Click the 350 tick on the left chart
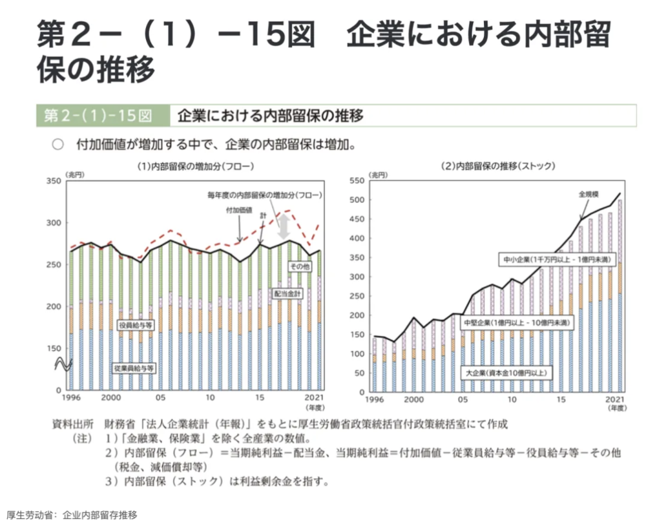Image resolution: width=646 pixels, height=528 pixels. click(52, 181)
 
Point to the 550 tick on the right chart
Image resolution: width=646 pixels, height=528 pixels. click(357, 181)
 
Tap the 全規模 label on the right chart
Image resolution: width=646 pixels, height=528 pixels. click(589, 193)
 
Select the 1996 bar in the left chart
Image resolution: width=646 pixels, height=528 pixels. click(71, 320)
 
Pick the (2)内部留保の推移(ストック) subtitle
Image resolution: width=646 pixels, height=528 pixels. click(497, 166)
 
